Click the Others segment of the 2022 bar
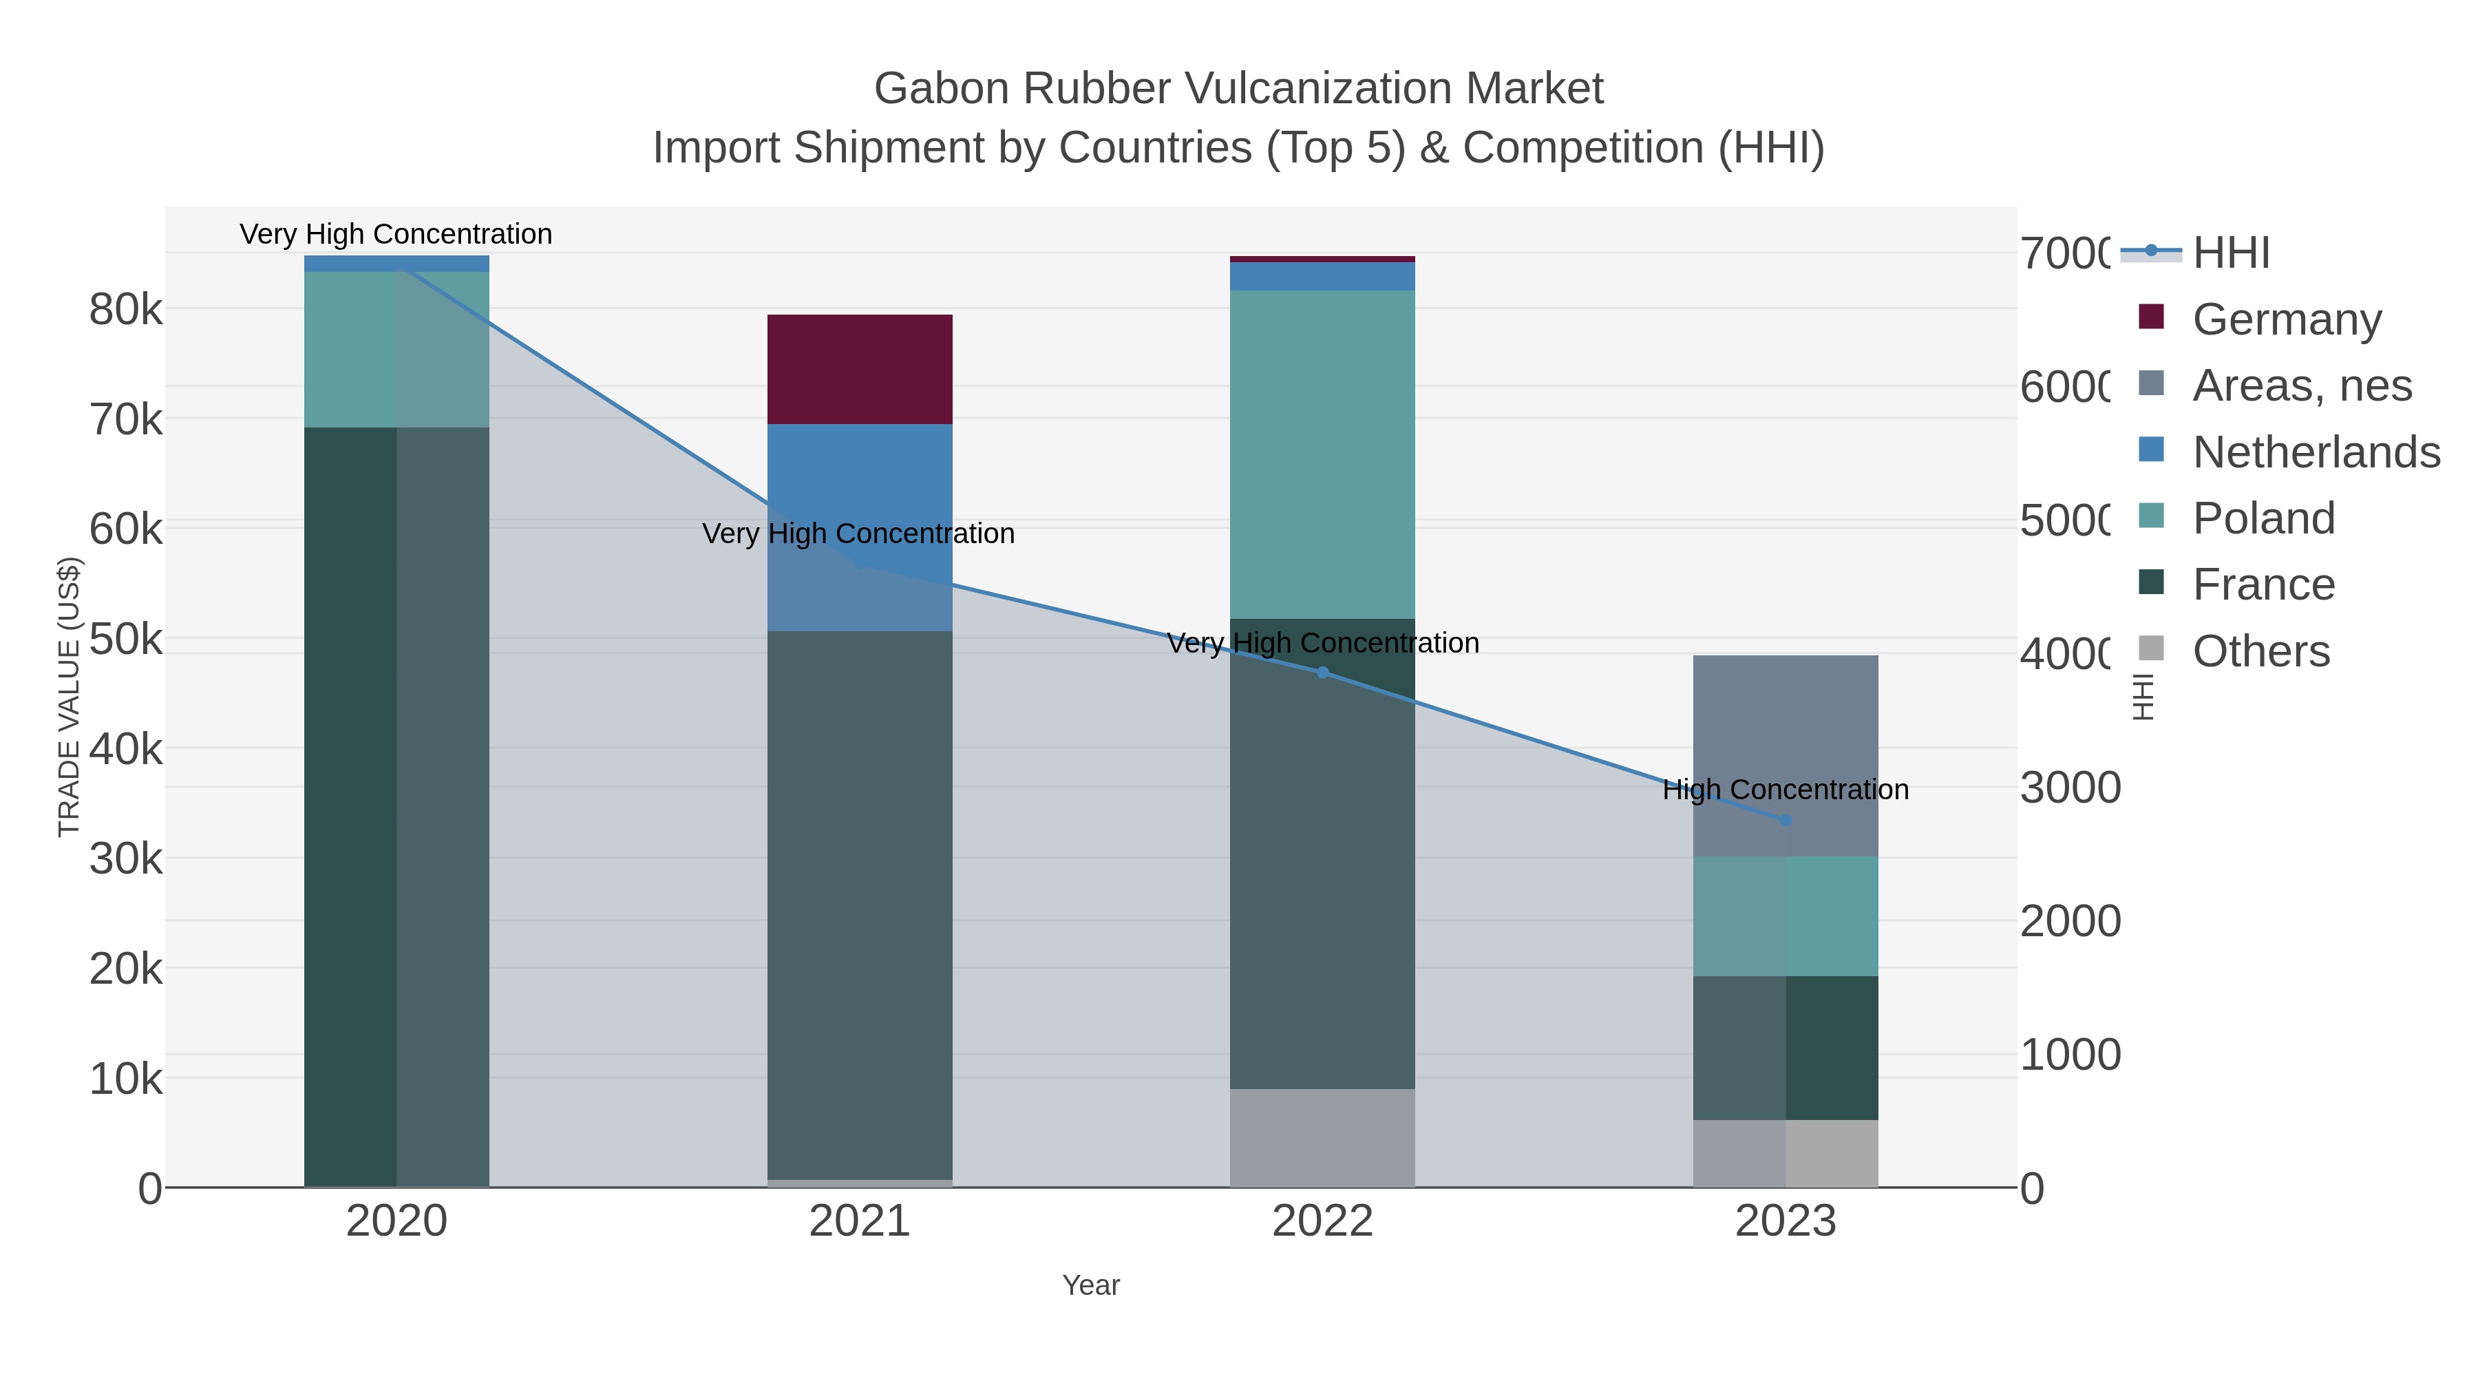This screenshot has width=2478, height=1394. pos(1322,1137)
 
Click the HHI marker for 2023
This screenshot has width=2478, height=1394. pos(1786,821)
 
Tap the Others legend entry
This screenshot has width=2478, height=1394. pos(2260,651)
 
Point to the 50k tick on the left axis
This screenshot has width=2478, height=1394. pos(126,639)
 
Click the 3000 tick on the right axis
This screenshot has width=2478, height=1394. pos(2069,788)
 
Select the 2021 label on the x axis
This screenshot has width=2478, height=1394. pos(859,1222)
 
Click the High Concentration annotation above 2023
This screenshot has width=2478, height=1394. pos(1786,790)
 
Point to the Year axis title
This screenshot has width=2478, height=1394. pos(1091,1285)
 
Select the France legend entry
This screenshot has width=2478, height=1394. pos(2263,585)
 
